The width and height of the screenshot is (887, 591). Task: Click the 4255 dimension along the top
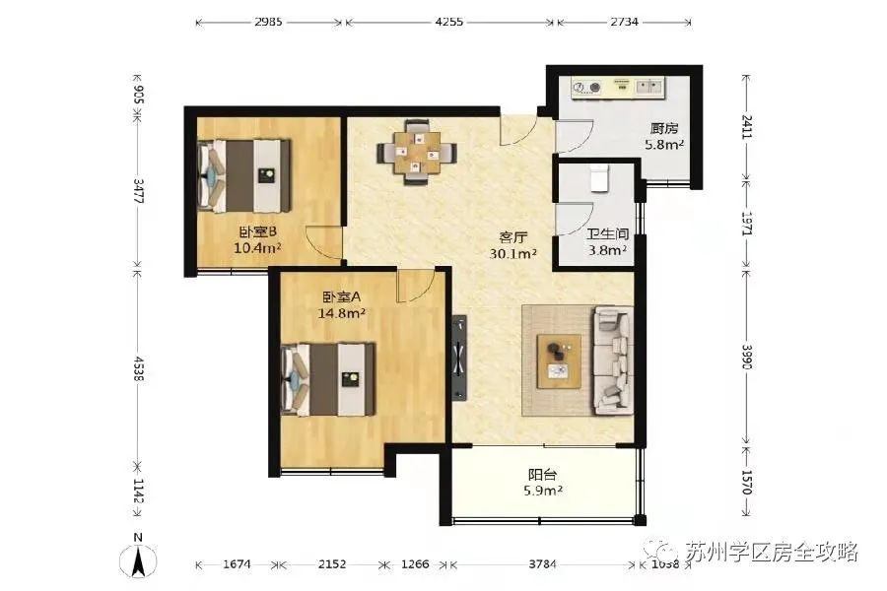tap(449, 22)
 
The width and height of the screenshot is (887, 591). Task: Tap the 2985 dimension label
tap(268, 22)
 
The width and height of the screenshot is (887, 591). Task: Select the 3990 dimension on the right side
tap(747, 357)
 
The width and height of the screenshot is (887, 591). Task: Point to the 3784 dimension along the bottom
tap(542, 563)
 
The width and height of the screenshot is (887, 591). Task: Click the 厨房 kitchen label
tap(664, 129)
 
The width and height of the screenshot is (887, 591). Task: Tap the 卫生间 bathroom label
tap(607, 234)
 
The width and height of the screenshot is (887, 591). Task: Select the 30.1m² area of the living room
tap(513, 254)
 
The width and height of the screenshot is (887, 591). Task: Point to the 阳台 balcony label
tap(542, 475)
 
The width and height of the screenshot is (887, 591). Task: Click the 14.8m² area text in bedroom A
tap(341, 313)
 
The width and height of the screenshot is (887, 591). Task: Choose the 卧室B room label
tap(257, 232)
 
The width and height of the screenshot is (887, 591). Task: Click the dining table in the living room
tap(418, 152)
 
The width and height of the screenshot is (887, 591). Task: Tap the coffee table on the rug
tap(559, 361)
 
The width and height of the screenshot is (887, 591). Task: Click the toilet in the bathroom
tap(599, 177)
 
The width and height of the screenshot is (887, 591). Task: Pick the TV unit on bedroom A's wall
tap(459, 358)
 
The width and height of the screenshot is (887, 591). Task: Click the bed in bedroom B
tap(244, 176)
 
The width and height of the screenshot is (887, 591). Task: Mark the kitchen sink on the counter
tap(649, 87)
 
